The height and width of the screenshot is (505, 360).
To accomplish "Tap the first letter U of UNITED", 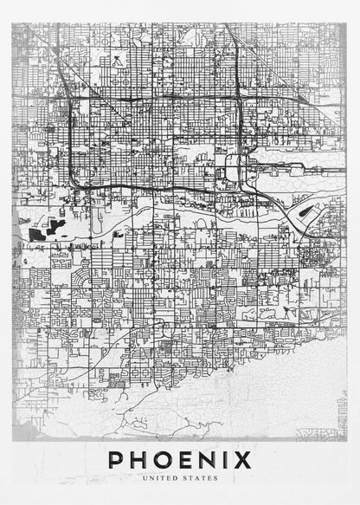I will (152, 477).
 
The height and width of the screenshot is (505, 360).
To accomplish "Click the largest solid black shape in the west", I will (39, 232).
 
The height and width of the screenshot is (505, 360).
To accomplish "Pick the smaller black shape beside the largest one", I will (59, 228).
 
